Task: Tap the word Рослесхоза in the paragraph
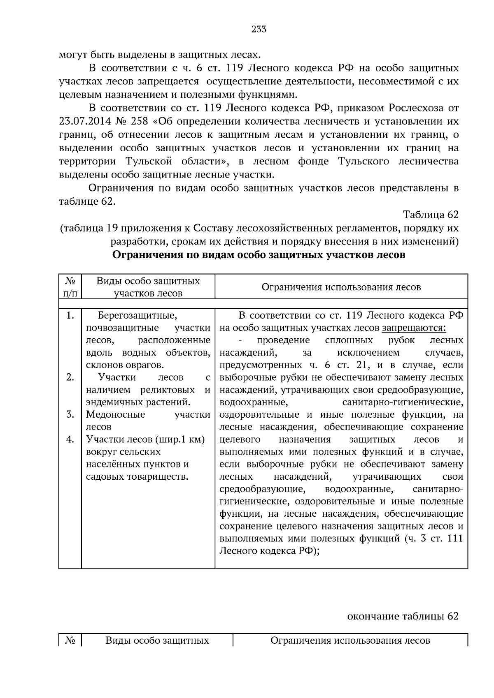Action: (x=415, y=108)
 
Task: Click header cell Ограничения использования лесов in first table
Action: (x=341, y=287)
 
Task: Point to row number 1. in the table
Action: (x=70, y=316)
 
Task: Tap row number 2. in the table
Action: (x=70, y=377)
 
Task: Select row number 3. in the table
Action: (x=70, y=414)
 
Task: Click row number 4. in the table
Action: (x=70, y=439)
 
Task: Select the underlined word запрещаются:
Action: (x=414, y=328)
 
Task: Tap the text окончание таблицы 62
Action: (x=403, y=616)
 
